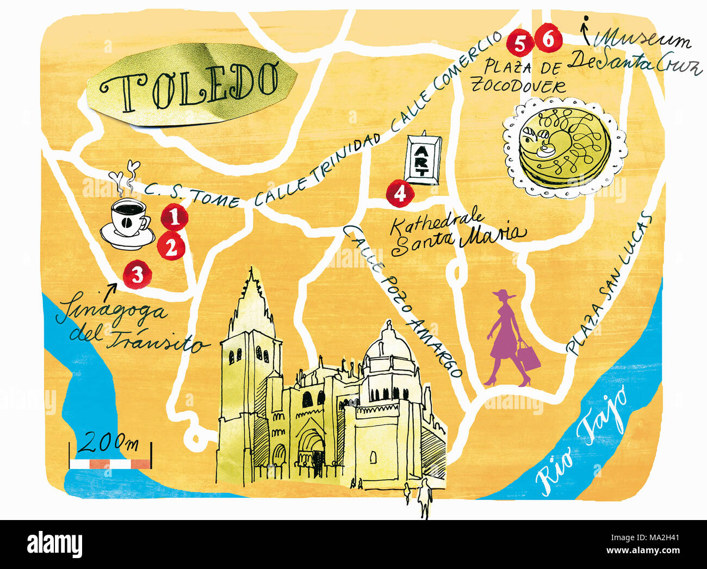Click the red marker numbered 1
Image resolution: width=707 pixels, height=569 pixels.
click(x=175, y=218)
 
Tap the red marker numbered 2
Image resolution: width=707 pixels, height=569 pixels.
click(x=171, y=248)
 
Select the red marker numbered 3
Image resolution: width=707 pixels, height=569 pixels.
click(x=137, y=274)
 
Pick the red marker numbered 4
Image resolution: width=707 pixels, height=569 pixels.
click(x=400, y=194)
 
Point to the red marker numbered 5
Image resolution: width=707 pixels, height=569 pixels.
click(x=520, y=44)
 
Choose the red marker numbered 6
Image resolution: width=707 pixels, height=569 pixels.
click(x=547, y=40)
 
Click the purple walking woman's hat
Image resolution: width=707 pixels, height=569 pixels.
click(x=505, y=295)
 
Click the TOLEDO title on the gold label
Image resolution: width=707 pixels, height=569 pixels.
click(x=191, y=84)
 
